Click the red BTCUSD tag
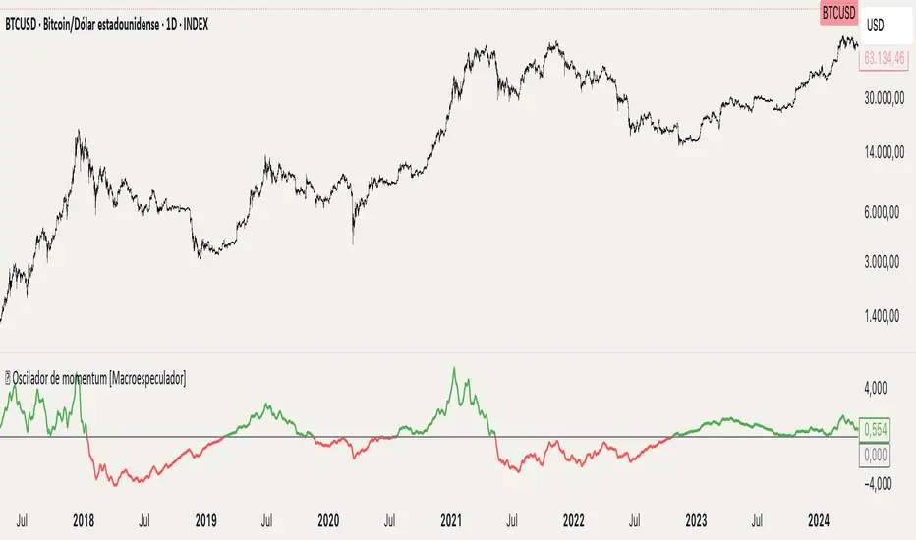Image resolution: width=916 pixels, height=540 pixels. click(x=838, y=14)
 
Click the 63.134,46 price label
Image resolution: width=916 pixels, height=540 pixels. click(x=887, y=59)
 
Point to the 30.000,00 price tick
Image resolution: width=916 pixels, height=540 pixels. click(x=887, y=98)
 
